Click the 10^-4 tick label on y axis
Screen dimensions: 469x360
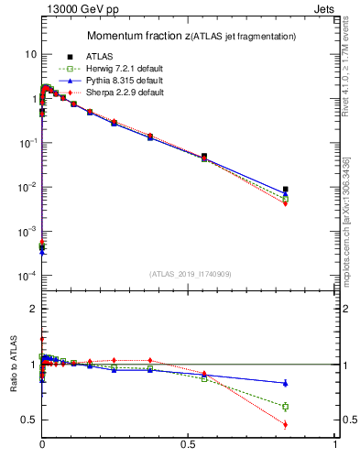[x=27, y=276]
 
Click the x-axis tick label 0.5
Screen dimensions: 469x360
[x=189, y=442]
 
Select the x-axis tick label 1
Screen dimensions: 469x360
[x=335, y=442]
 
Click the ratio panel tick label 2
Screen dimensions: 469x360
[x=32, y=309]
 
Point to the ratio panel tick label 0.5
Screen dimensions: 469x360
[x=28, y=420]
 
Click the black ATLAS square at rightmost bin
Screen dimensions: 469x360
[x=286, y=190]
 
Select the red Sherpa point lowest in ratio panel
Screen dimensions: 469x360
[x=286, y=424]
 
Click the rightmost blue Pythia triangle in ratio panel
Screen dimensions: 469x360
[x=286, y=383]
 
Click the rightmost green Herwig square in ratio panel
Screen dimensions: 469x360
[x=286, y=406]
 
